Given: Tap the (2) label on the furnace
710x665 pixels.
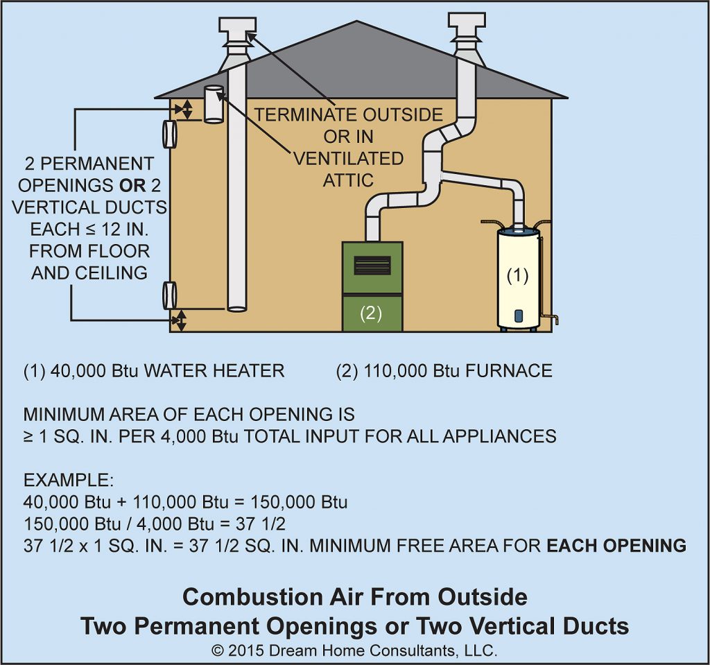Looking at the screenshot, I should point(370,313).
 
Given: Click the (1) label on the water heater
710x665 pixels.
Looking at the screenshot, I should point(517,275).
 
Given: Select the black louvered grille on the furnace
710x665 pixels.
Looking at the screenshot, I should point(372,265).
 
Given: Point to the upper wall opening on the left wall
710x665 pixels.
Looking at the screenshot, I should point(169,134).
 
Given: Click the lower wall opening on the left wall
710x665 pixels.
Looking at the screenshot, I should point(169,295).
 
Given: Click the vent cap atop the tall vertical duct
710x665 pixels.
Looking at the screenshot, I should point(237,28).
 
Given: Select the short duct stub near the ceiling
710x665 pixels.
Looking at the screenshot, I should point(213,104).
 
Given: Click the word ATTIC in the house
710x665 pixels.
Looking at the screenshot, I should point(348,180).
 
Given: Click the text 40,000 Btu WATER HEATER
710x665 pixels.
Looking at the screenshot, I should point(154,371).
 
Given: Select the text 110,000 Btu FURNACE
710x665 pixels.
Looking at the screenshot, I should point(444,371).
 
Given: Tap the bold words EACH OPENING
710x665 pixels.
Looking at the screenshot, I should point(616,545).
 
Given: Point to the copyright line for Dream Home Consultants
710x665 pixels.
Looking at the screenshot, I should point(354,650).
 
